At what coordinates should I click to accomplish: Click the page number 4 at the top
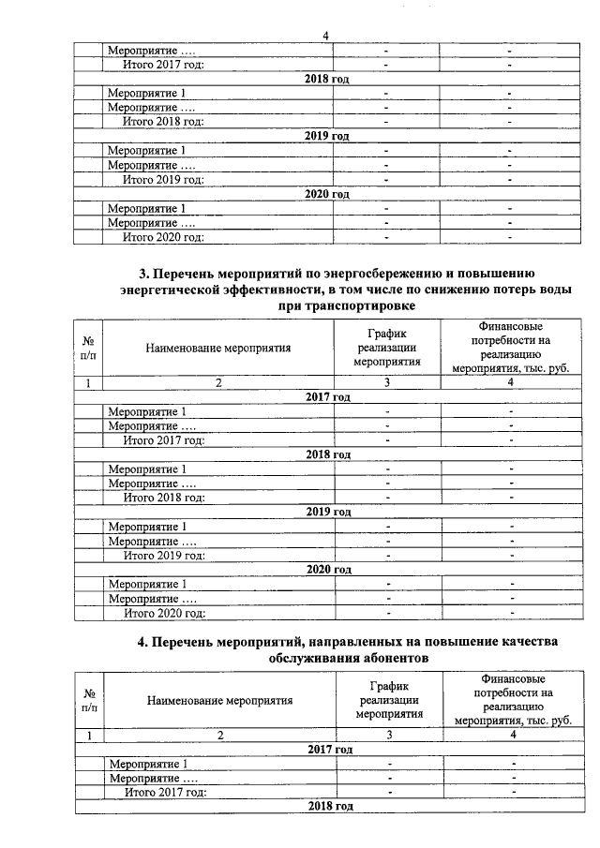[x=325, y=36]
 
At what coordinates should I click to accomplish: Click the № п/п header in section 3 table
[x=88, y=348]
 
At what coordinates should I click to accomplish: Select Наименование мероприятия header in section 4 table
[x=218, y=699]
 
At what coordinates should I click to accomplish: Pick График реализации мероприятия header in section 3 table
[x=387, y=348]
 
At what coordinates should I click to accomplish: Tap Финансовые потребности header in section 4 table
[x=512, y=699]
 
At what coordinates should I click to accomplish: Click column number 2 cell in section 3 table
[x=218, y=382]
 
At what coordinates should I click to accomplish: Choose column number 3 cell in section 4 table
[x=387, y=736]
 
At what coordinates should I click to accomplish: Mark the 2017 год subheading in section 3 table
[x=327, y=397]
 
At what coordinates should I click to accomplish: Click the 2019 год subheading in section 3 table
[x=327, y=512]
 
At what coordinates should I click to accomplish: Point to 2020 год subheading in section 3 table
[x=327, y=569]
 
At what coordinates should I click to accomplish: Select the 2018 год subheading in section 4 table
[x=327, y=807]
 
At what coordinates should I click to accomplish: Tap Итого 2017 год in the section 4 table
[x=165, y=793]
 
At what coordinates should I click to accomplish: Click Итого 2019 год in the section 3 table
[x=164, y=555]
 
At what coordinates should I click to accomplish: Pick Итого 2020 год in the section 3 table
[x=164, y=613]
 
